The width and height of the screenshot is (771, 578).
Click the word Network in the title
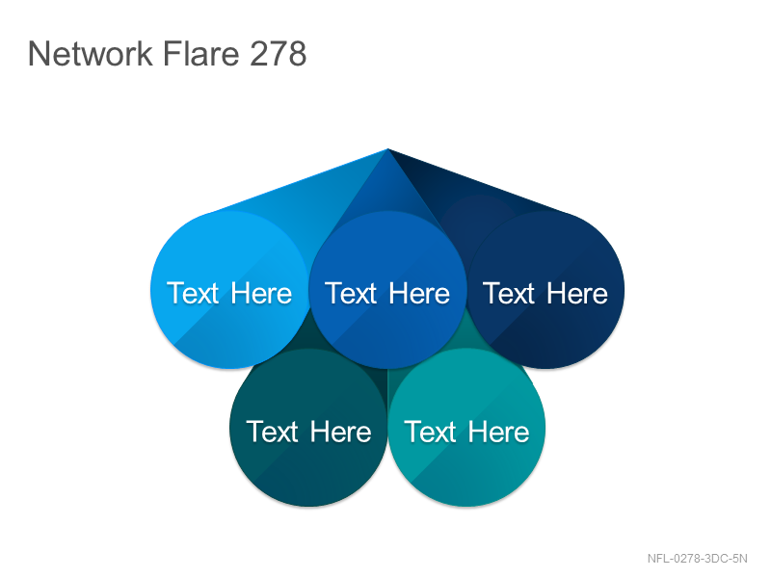coord(91,53)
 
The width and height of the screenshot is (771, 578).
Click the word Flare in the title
coord(200,53)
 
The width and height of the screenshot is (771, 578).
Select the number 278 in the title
coord(279,53)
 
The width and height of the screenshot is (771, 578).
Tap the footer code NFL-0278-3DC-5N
coord(697,559)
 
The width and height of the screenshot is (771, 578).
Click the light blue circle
coord(229,290)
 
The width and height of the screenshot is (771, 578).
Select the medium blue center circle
coord(387,290)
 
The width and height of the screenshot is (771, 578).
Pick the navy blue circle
coord(545,290)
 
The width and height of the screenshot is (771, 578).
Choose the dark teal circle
coord(308,428)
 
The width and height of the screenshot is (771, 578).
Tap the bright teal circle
coord(466,428)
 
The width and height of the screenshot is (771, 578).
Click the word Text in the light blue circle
coord(193,294)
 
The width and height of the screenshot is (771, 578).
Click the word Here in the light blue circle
coord(261,294)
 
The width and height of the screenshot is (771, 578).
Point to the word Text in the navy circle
coord(509,294)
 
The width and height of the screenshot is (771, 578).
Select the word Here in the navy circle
coord(577,294)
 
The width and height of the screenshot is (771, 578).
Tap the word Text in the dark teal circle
coord(272,432)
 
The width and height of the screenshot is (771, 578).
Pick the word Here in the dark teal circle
coord(341,432)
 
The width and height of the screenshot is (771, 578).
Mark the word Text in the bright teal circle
coord(430,432)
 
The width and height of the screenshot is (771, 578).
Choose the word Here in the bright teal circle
coord(498,432)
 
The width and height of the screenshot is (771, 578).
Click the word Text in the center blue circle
coord(351,294)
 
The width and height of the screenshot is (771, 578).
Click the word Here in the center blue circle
coord(419,294)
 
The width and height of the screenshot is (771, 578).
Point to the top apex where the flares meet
coord(387,149)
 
